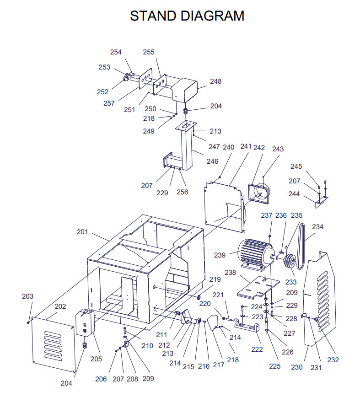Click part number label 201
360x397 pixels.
(82, 232)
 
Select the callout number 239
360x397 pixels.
(220, 255)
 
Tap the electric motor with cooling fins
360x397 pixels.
(256, 254)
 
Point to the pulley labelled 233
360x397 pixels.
(290, 262)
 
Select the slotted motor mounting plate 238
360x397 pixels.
(258, 287)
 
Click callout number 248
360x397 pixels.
(216, 81)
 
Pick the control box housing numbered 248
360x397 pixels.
(184, 89)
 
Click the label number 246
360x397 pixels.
(212, 161)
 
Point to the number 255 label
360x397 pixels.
(149, 52)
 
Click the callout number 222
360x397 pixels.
(257, 349)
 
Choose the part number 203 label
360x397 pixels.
(27, 296)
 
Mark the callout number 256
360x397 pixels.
(182, 192)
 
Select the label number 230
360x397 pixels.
(297, 367)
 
